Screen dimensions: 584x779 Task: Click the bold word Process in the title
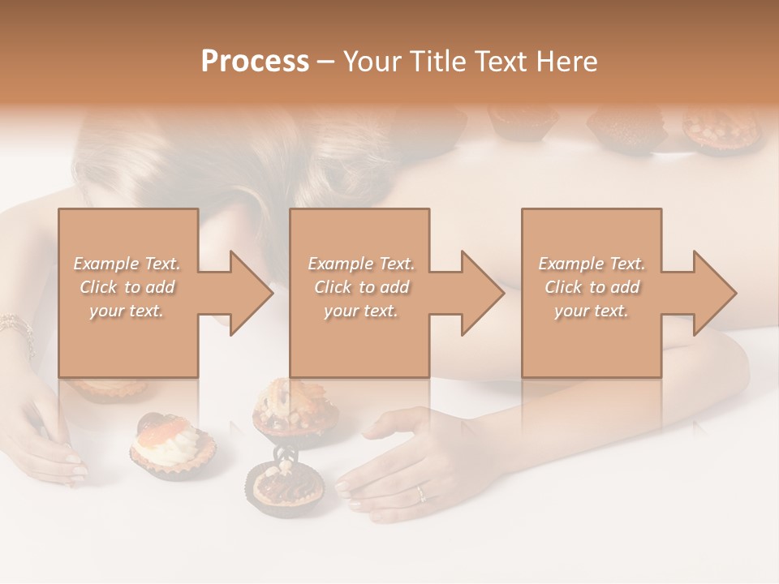point(255,62)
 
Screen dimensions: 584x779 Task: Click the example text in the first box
point(127,287)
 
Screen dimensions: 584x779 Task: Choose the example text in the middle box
point(360,287)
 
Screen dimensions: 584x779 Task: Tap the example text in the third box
point(592,287)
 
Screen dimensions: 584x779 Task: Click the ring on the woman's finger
point(420,492)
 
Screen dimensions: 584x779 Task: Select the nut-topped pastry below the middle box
point(294,412)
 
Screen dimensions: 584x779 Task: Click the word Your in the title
point(374,62)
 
